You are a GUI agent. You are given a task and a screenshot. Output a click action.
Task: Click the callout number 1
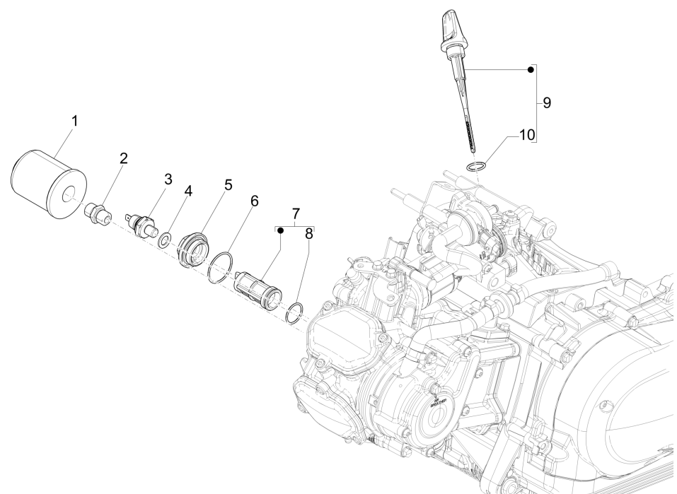(x=75, y=121)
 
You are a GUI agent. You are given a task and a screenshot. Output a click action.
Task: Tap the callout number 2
(x=123, y=158)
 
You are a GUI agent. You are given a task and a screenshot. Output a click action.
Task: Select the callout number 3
(x=168, y=180)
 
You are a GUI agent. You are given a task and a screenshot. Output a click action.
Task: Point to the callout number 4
(x=188, y=191)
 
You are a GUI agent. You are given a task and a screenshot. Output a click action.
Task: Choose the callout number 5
(x=228, y=184)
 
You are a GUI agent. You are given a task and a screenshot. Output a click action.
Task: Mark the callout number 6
(x=254, y=201)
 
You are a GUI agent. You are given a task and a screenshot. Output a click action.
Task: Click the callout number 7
(x=296, y=213)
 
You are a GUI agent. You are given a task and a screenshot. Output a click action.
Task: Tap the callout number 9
(x=547, y=102)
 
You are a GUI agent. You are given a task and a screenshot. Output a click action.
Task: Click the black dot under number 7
(x=280, y=230)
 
